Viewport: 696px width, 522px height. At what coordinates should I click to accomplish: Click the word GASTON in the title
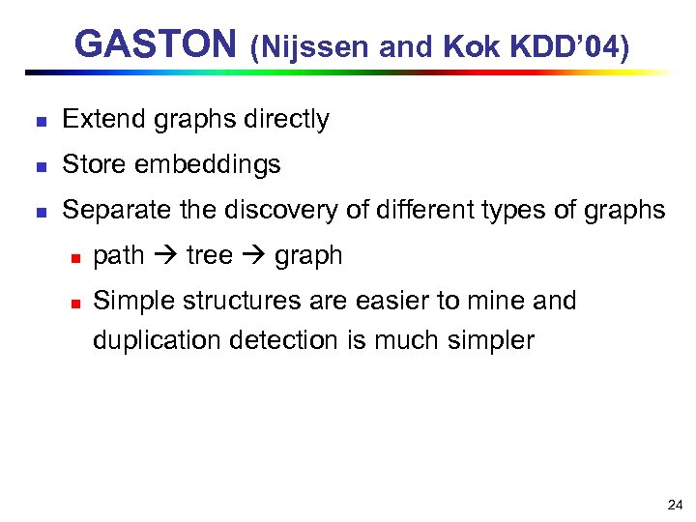155,44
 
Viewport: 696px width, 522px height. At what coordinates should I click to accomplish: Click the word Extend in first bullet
98,120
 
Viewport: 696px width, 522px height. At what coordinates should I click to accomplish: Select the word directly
287,120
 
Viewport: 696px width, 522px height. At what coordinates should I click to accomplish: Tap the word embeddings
208,165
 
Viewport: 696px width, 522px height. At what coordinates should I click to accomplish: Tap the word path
118,256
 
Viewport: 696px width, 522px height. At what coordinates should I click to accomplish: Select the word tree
209,256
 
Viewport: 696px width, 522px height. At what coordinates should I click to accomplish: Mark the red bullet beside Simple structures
73,302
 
